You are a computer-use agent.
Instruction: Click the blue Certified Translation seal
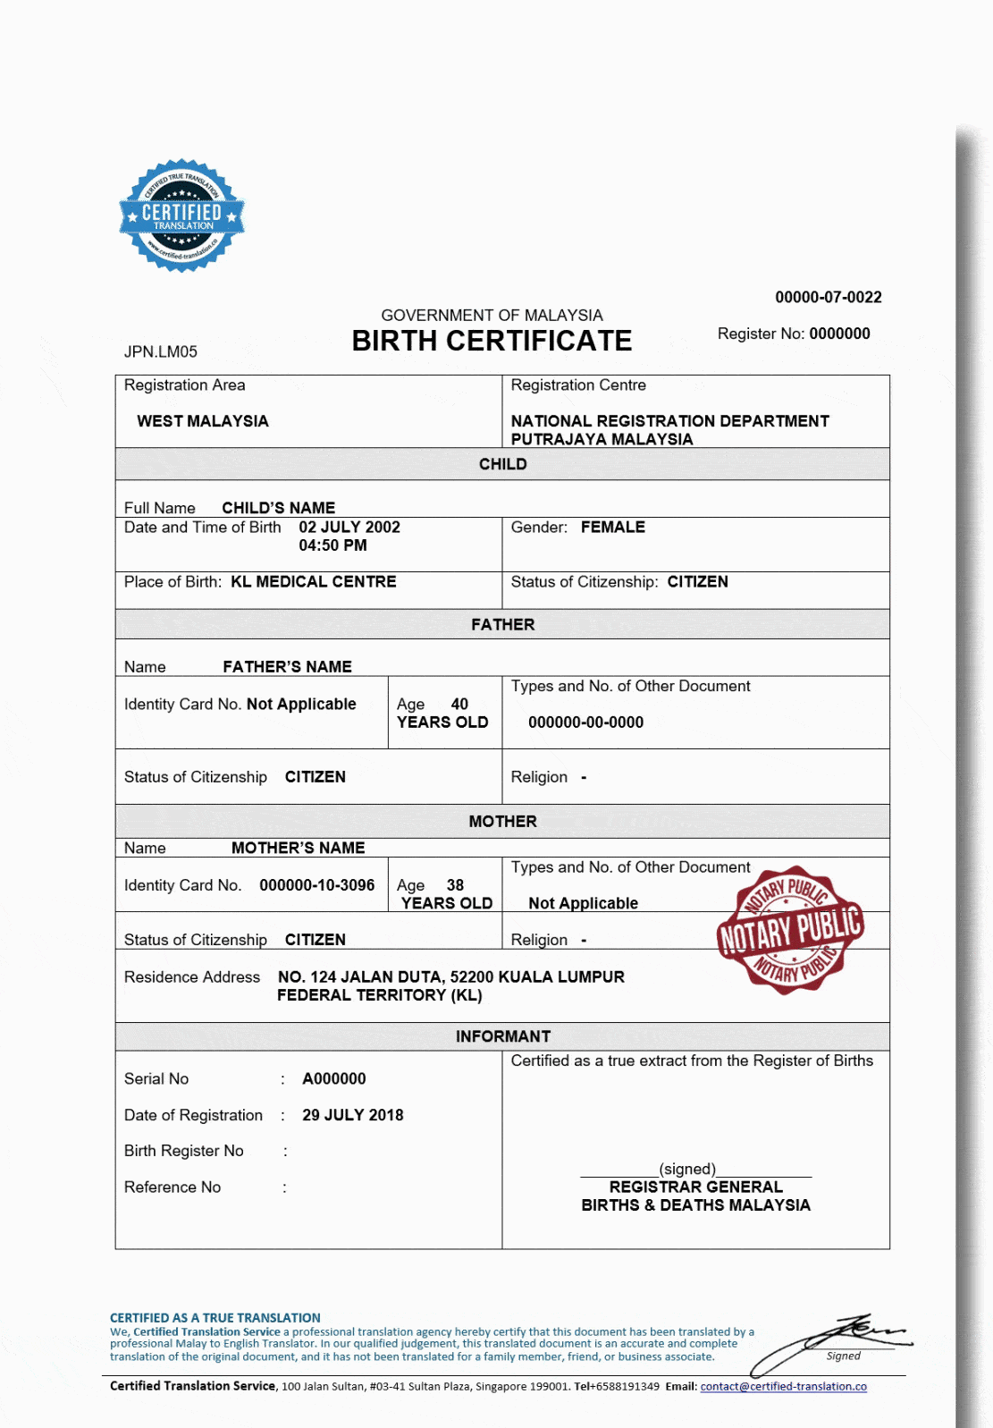click(182, 215)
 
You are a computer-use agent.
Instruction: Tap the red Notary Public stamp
click(790, 930)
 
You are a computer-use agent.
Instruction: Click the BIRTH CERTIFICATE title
click(492, 341)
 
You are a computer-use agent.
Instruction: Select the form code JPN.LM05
click(161, 351)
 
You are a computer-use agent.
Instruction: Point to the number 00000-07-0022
click(828, 297)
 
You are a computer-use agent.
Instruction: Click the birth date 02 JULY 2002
click(349, 528)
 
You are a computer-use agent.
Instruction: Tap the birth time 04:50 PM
click(332, 545)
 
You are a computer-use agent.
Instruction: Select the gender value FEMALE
click(613, 528)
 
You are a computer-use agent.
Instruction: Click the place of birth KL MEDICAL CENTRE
click(314, 582)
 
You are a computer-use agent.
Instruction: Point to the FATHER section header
click(502, 624)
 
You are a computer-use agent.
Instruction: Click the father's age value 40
click(459, 704)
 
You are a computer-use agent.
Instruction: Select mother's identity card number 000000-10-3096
click(317, 885)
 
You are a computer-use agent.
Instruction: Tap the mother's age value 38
click(455, 885)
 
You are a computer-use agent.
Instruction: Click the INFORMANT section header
click(502, 1036)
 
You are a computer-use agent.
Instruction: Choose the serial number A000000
click(334, 1078)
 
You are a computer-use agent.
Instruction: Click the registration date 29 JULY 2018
click(353, 1115)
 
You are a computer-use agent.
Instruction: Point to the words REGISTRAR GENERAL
click(695, 1187)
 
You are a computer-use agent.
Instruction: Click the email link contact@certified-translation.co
click(783, 1386)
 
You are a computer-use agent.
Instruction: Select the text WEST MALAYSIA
click(203, 421)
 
